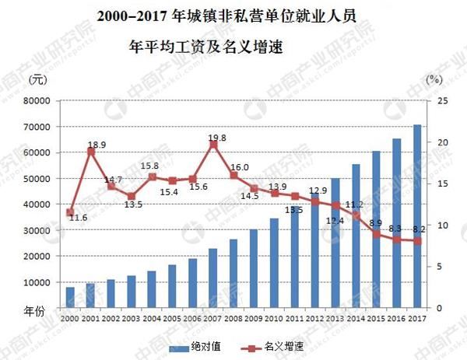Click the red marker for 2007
[x=212, y=145]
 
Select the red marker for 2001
[x=90, y=152]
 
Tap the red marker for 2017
[x=417, y=240]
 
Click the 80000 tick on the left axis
[x=37, y=101]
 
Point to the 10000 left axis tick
[x=37, y=282]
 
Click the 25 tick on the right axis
[x=441, y=101]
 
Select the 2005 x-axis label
[x=172, y=319]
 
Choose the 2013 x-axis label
[x=335, y=319]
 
